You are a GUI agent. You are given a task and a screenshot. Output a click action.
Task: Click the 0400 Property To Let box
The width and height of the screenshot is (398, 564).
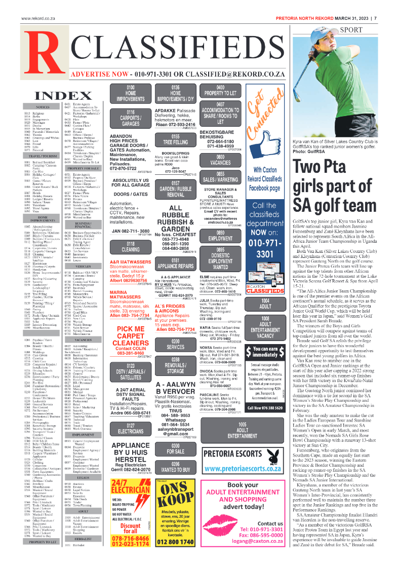[x=220, y=93]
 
